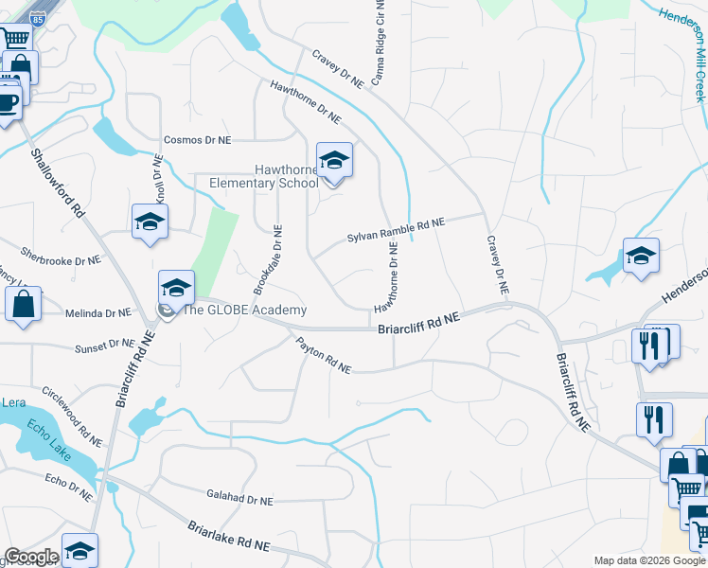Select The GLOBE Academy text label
coord(244,311)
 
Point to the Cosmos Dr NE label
coord(197,139)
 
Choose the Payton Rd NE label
coord(323,355)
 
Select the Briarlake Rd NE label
coord(228,536)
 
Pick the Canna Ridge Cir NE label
coord(381,44)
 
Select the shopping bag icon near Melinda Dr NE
coord(23,305)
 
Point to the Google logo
coord(31,557)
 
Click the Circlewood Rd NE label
coord(71,417)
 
